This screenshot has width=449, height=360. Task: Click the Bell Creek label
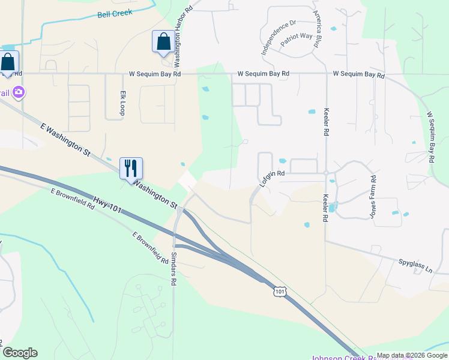115,13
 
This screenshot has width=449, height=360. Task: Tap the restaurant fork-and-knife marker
131,168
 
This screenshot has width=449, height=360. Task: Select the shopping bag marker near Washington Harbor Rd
163,41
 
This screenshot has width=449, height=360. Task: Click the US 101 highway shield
280,291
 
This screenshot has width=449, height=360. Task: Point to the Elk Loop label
122,103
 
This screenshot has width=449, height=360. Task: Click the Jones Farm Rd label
373,196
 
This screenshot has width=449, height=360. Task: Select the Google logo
20,353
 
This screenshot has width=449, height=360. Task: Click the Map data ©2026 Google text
411,355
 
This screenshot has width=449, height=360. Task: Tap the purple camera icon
19,92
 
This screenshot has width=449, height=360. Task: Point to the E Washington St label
66,138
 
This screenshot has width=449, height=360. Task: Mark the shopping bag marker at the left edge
7,62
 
